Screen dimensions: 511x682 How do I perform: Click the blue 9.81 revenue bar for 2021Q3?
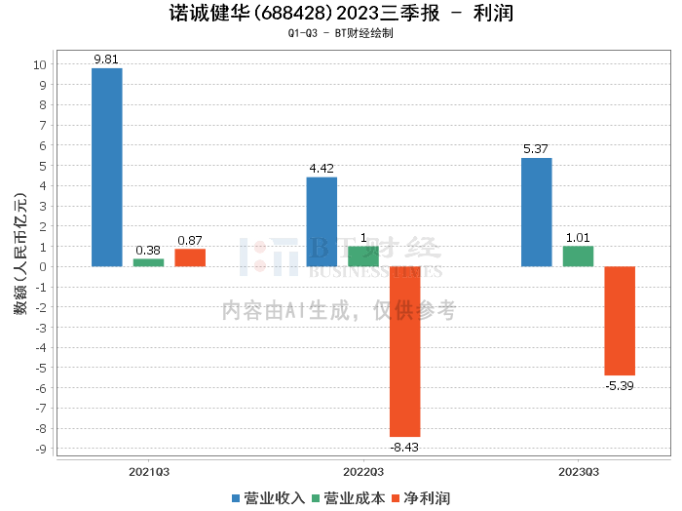click(107, 167)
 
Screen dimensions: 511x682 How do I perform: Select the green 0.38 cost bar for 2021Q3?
click(148, 262)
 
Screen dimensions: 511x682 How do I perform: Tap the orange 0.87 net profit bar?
click(190, 257)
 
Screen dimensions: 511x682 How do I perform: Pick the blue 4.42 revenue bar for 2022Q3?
click(322, 221)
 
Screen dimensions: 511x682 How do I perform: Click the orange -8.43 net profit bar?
click(404, 351)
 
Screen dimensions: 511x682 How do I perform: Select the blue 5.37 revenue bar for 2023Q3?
click(536, 212)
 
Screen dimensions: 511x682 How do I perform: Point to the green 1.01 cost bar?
click(578, 255)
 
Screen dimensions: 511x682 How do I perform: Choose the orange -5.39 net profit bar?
click(620, 321)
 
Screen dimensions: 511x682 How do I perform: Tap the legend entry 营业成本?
click(348, 498)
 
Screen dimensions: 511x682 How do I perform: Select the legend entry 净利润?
click(420, 498)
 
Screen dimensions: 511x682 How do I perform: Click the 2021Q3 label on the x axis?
click(149, 471)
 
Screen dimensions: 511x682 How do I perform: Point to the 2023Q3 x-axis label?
click(578, 471)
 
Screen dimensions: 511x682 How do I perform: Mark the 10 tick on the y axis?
click(39, 65)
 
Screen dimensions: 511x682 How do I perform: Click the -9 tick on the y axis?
click(39, 449)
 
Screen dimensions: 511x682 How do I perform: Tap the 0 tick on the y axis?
click(42, 267)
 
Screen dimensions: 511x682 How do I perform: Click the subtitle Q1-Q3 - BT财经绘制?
click(340, 34)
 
